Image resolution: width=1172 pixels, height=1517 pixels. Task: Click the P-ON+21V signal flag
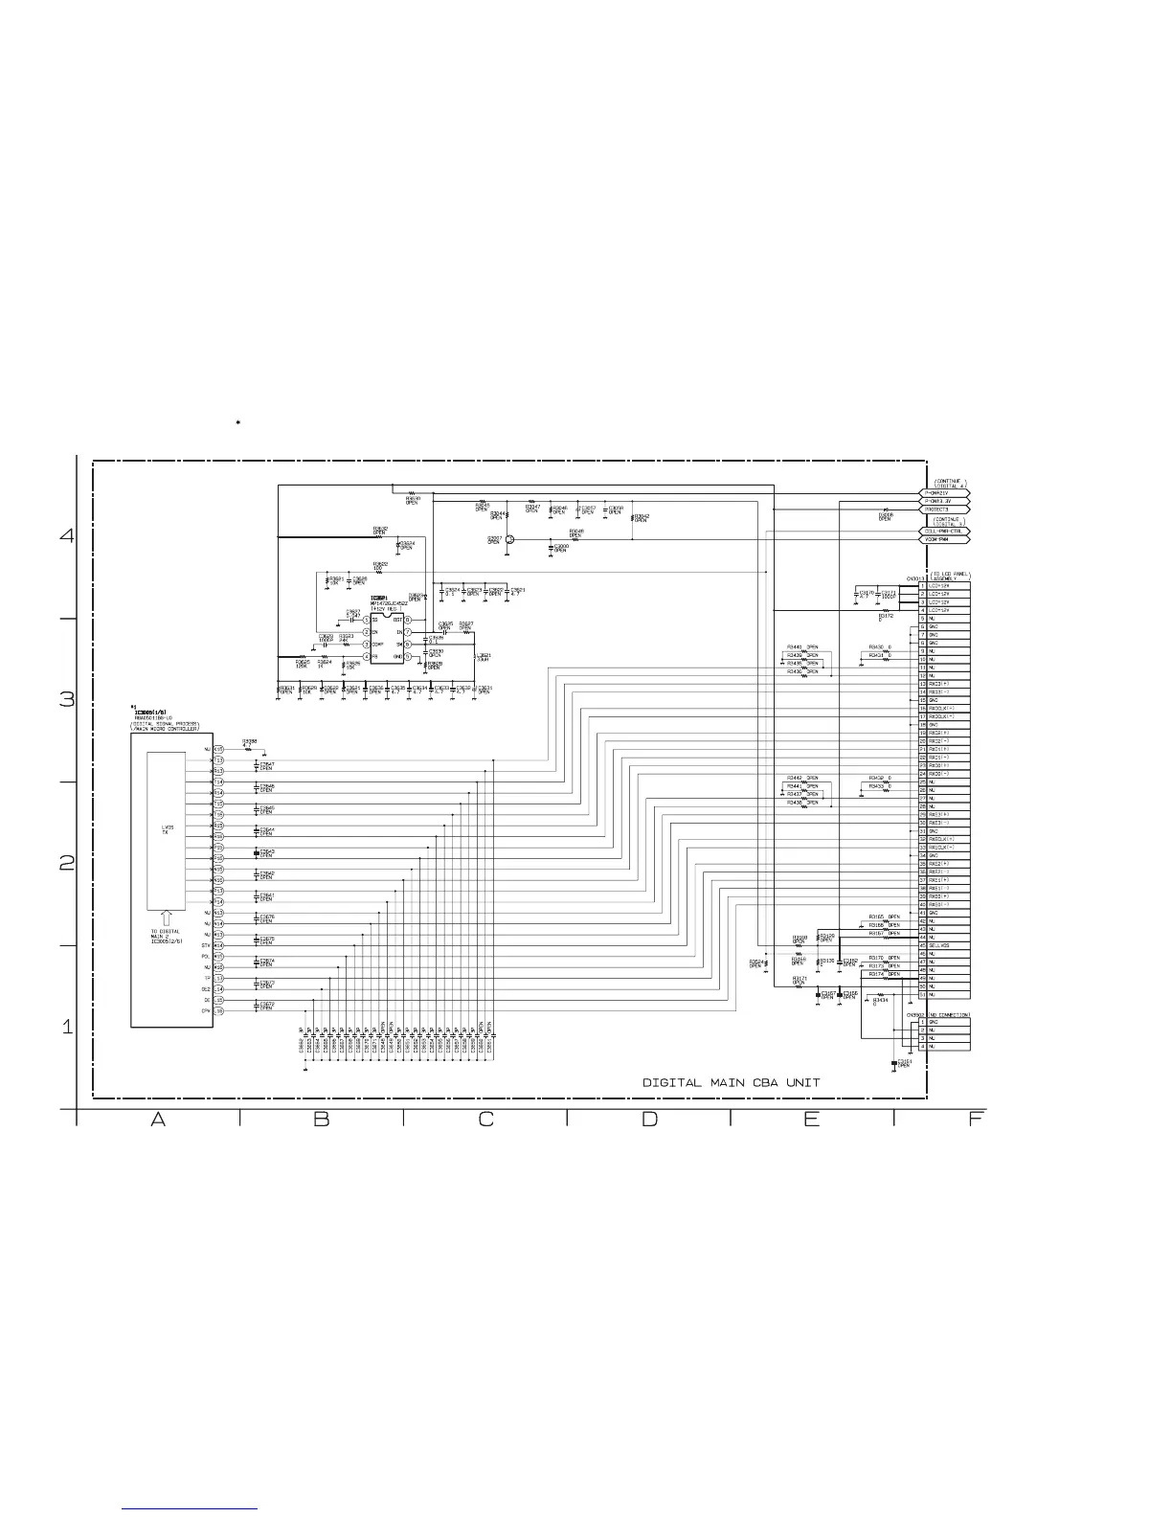point(946,493)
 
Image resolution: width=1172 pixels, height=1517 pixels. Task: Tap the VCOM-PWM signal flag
point(946,539)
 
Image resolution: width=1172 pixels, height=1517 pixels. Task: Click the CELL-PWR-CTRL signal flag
point(946,531)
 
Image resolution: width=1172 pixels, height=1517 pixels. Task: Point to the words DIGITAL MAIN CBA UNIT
point(731,1082)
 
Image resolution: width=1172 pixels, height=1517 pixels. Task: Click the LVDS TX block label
point(167,829)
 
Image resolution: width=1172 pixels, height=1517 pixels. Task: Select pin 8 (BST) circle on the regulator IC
point(407,621)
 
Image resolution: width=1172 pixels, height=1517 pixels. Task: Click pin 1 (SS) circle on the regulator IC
point(366,621)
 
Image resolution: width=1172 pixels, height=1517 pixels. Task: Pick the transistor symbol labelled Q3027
point(510,540)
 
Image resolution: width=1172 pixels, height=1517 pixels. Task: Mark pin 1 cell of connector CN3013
point(922,586)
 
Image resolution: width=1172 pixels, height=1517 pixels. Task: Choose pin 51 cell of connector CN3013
point(922,995)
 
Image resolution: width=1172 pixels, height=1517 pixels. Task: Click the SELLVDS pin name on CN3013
point(939,945)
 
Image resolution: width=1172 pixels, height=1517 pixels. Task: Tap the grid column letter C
point(485,1119)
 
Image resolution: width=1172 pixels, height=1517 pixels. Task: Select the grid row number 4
point(66,535)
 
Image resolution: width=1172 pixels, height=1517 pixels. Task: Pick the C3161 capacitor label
point(903,1063)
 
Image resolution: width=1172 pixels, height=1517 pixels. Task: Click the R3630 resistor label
point(413,499)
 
